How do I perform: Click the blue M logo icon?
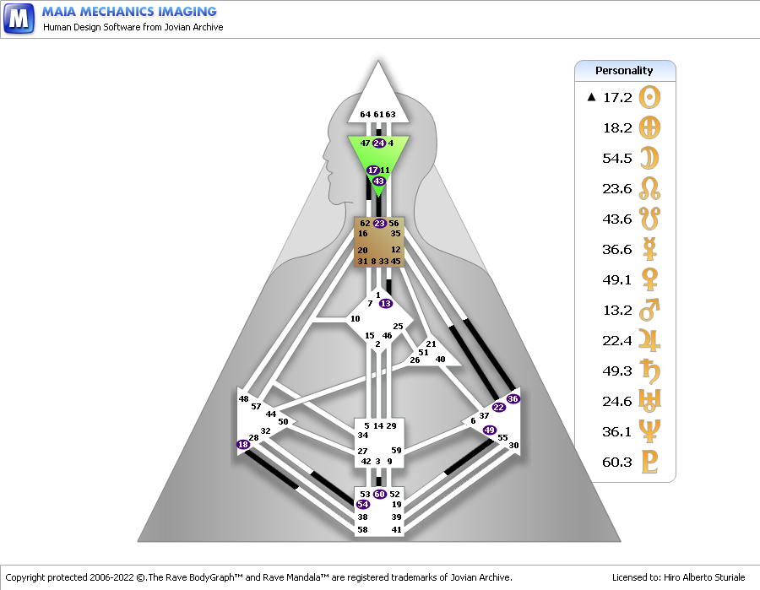19,19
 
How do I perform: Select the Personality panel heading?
624,71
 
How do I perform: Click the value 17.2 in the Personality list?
617,97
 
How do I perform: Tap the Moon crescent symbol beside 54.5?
649,158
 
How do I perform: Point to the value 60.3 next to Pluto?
617,462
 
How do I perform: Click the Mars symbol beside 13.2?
649,310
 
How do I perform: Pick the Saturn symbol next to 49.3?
649,371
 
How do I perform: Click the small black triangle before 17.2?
591,97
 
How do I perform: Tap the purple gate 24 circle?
379,143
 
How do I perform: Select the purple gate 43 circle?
378,181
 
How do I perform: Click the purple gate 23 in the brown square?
379,224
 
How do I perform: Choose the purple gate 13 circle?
386,304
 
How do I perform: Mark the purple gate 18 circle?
243,444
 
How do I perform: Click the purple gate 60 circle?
379,494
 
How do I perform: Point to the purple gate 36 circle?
513,398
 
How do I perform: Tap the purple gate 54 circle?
362,504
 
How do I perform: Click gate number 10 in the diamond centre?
356,319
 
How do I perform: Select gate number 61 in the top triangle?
378,114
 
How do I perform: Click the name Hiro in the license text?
672,577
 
